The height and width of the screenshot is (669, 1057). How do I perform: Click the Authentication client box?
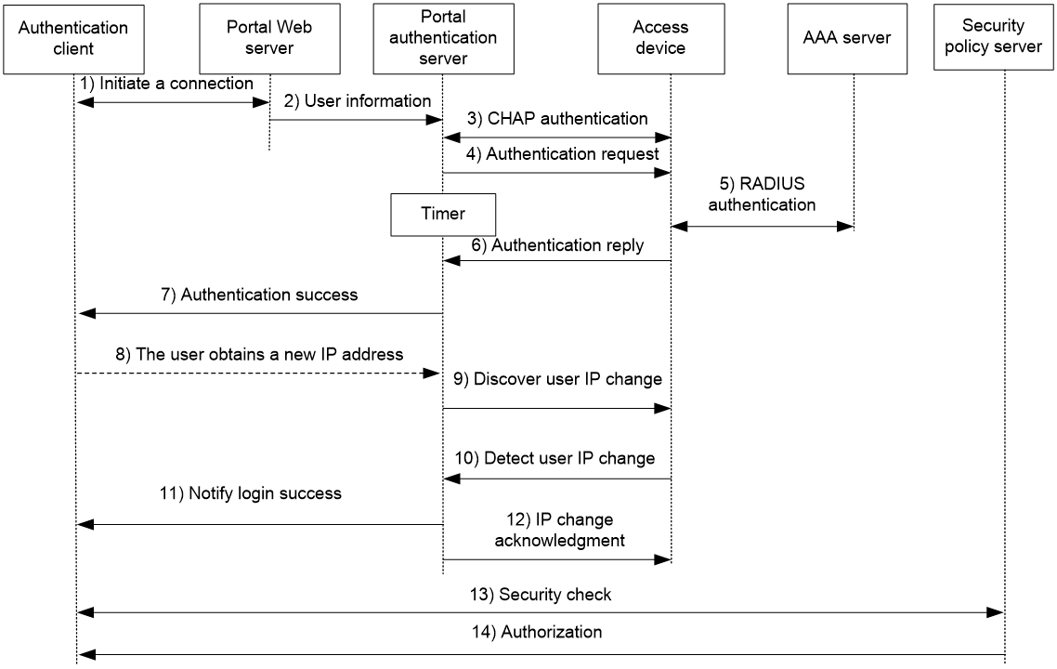pyautogui.click(x=73, y=39)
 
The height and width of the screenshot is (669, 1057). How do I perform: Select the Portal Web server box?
pyautogui.click(x=269, y=38)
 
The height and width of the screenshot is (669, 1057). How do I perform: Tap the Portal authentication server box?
pyautogui.click(x=444, y=38)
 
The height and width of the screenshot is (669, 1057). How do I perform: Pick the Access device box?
pyautogui.click(x=661, y=38)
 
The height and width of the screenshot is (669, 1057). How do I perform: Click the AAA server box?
pyautogui.click(x=847, y=38)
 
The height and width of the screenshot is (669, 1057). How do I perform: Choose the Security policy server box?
pyautogui.click(x=994, y=36)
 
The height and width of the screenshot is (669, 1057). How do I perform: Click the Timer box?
pyautogui.click(x=444, y=215)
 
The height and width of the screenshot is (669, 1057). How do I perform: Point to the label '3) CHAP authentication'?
pyautogui.click(x=557, y=119)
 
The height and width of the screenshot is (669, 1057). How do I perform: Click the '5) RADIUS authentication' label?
pyautogui.click(x=762, y=194)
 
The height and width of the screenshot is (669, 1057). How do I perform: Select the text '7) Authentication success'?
pyautogui.click(x=259, y=295)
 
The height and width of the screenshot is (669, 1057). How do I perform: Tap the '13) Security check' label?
pyautogui.click(x=541, y=594)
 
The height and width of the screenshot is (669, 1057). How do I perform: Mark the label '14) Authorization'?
pyautogui.click(x=537, y=632)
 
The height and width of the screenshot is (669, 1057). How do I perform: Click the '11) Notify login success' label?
pyautogui.click(x=251, y=493)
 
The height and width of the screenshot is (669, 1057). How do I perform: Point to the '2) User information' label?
pyautogui.click(x=358, y=101)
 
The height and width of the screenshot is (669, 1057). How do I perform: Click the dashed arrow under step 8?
pyautogui.click(x=258, y=373)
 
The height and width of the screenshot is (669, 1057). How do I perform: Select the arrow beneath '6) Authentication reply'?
pyautogui.click(x=556, y=261)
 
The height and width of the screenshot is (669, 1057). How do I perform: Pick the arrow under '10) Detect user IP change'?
pyautogui.click(x=556, y=479)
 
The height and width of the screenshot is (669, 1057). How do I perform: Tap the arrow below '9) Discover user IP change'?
pyautogui.click(x=556, y=408)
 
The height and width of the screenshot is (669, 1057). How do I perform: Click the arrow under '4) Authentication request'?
pyautogui.click(x=556, y=173)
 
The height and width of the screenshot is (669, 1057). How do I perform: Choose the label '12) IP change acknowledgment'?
pyautogui.click(x=559, y=530)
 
